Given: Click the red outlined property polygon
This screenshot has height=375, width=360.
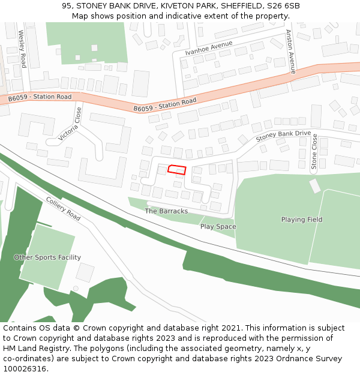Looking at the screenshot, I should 176,169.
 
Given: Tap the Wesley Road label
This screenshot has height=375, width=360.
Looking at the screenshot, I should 23,49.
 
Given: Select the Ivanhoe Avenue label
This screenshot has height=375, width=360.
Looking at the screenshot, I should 209,48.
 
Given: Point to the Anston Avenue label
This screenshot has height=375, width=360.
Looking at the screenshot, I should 291,52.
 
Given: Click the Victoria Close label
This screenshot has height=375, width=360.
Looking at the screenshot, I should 70,124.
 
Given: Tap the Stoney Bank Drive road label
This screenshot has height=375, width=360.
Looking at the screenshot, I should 283,136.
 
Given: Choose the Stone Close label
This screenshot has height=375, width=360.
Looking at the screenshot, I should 314,152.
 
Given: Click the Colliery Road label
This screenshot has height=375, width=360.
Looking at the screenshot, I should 63,208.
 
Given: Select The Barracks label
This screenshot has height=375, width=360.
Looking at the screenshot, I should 166,211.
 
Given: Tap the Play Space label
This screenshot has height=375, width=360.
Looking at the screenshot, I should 218,227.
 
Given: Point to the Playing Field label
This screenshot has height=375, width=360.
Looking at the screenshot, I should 302,220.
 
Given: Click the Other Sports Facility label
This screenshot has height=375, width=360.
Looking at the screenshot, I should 47,257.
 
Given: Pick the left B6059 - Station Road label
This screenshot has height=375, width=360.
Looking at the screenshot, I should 40,97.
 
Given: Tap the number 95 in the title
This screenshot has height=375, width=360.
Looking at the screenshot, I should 67,6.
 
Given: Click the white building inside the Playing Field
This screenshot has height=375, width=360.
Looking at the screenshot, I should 315,186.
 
